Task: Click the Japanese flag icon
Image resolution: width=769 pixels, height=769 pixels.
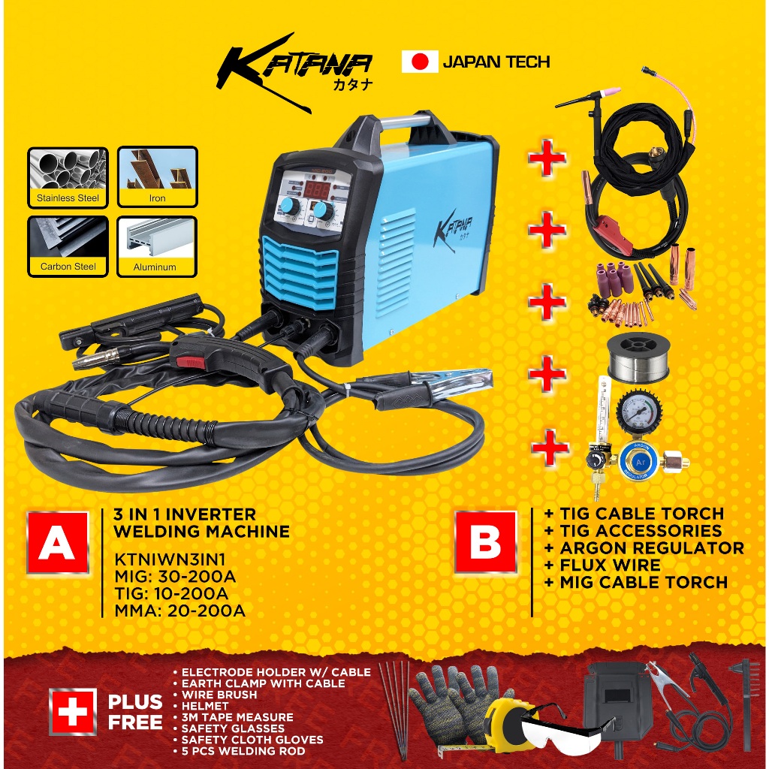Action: click(x=420, y=62)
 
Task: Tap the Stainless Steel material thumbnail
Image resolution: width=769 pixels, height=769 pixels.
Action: click(x=68, y=177)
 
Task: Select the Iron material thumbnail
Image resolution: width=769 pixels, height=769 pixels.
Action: click(x=158, y=177)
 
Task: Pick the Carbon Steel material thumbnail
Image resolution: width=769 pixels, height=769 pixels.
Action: click(x=68, y=246)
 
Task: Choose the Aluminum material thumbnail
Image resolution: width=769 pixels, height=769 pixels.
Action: click(x=158, y=246)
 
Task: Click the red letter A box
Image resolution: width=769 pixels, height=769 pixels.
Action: click(x=57, y=542)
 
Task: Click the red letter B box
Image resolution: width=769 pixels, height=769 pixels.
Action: click(x=486, y=542)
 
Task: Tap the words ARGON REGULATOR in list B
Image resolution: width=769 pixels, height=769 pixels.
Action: click(x=652, y=547)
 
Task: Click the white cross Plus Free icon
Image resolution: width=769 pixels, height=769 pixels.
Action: click(x=72, y=710)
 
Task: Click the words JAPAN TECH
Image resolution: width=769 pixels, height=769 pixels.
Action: click(x=496, y=62)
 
